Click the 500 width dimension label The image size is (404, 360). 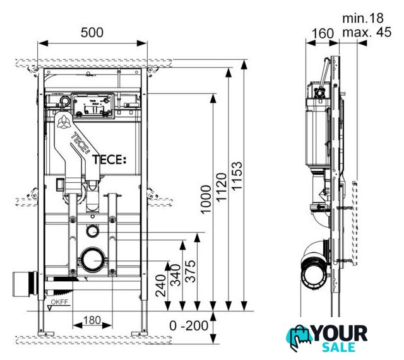tap(93, 32)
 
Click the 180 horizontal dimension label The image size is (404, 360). tap(92, 320)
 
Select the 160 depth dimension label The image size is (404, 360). tap(322, 33)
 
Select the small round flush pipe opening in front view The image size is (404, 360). tap(93, 230)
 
